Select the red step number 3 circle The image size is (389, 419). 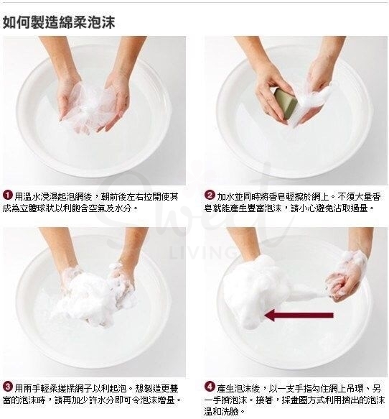click(7, 388)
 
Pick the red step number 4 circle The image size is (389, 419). click(210, 388)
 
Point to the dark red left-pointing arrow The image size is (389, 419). click(298, 315)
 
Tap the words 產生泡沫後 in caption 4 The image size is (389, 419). click(241, 388)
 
